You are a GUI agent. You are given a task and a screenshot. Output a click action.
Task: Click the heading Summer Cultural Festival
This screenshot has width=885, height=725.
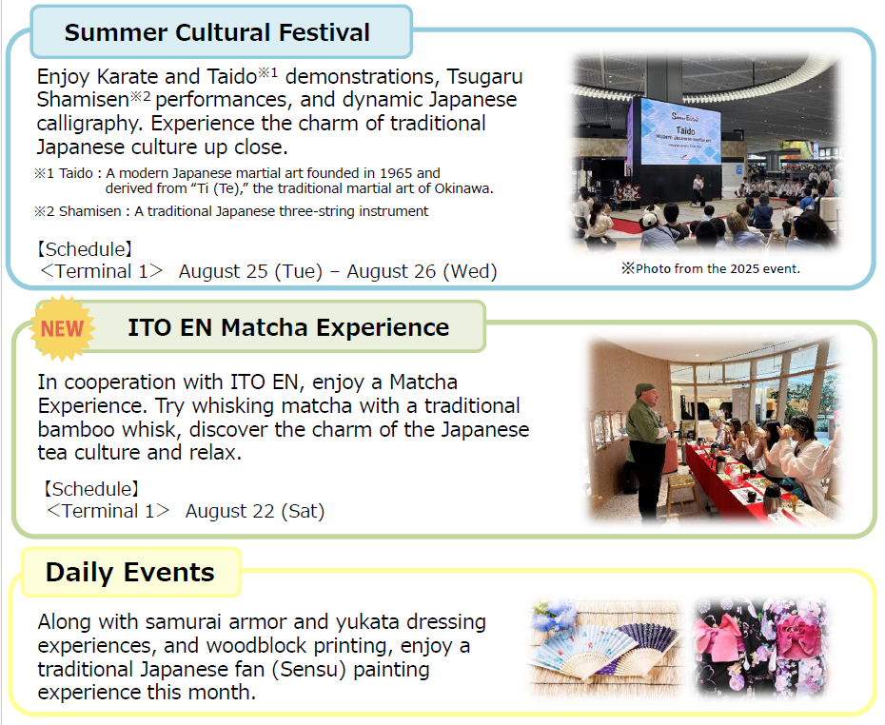pyautogui.click(x=217, y=32)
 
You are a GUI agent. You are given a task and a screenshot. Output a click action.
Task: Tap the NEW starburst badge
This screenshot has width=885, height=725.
pyautogui.click(x=62, y=328)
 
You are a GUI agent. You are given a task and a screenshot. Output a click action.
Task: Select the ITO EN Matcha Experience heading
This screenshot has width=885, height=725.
pyautogui.click(x=288, y=327)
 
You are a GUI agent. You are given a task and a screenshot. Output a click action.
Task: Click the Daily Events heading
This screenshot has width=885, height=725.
pyautogui.click(x=129, y=572)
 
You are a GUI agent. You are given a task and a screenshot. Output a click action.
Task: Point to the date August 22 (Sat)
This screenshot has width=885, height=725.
pyautogui.click(x=255, y=511)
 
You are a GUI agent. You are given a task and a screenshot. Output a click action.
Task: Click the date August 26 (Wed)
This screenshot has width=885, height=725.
pyautogui.click(x=422, y=271)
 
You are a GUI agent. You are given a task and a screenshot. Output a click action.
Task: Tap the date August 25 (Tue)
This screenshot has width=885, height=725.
pyautogui.click(x=250, y=271)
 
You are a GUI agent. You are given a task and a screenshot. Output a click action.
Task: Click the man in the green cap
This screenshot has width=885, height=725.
pyautogui.click(x=647, y=445)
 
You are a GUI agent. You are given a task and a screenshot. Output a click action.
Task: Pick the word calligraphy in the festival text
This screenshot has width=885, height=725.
pyautogui.click(x=90, y=124)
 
